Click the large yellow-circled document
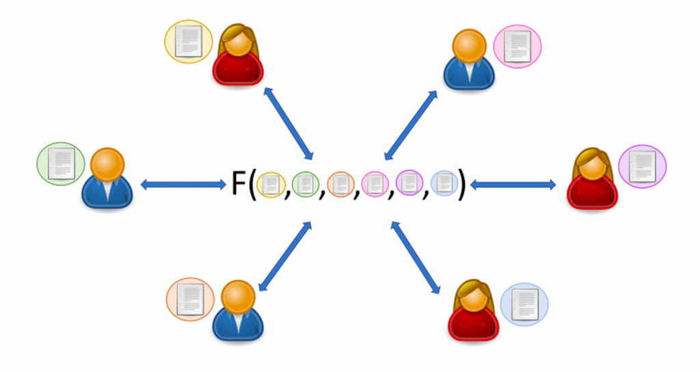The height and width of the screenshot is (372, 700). click(189, 42)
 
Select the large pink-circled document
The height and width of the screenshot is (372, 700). click(517, 46)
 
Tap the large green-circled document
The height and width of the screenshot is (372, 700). click(61, 164)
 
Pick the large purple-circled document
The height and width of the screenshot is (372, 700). click(642, 166)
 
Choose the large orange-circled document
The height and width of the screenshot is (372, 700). click(190, 300)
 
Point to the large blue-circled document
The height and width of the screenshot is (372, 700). click(524, 304)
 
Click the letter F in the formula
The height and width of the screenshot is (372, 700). click(238, 183)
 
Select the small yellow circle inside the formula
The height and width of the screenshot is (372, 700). click(271, 185)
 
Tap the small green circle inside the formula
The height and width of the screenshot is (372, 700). click(306, 184)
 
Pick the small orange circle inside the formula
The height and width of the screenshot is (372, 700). click(340, 184)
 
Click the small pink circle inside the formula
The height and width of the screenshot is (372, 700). click(375, 184)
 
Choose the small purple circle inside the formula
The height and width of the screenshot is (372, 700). click(409, 183)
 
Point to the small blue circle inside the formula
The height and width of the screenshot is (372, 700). click(444, 183)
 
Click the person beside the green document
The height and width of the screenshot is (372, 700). click(107, 178)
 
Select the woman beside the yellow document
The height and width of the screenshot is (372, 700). click(238, 55)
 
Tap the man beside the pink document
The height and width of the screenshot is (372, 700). click(469, 59)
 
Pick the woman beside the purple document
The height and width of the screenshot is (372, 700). click(593, 178)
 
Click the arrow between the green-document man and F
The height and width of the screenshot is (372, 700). click(183, 184)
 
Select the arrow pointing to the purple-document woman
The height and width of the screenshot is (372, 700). click(513, 184)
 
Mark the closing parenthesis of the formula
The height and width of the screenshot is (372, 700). click(462, 185)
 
